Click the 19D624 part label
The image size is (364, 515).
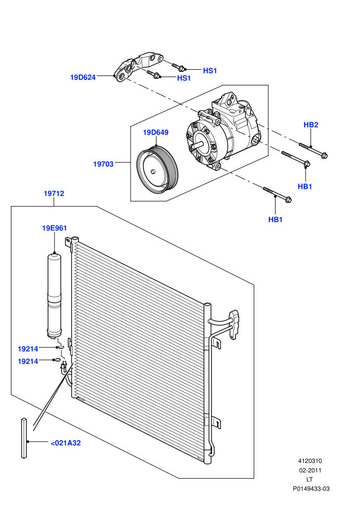(83, 78)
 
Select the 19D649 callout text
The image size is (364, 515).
(155, 132)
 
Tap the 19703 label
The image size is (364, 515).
(103, 164)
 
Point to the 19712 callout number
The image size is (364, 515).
(54, 194)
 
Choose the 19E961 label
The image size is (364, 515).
(55, 228)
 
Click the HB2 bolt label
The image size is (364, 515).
(311, 125)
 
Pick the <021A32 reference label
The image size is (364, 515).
(66, 443)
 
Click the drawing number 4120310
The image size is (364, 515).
(310, 461)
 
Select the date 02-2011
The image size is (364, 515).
(310, 470)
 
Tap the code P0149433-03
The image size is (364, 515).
(311, 488)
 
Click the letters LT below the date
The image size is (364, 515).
(309, 480)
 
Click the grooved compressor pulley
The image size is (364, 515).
(158, 172)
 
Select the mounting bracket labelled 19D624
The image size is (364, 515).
(138, 66)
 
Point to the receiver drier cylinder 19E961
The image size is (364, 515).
(54, 295)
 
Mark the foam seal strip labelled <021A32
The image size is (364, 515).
(24, 438)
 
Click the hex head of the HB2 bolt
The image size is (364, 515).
(324, 156)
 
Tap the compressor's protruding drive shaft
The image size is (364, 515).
(198, 144)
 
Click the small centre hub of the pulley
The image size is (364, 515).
(153, 172)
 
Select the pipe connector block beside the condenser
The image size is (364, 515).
(235, 324)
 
